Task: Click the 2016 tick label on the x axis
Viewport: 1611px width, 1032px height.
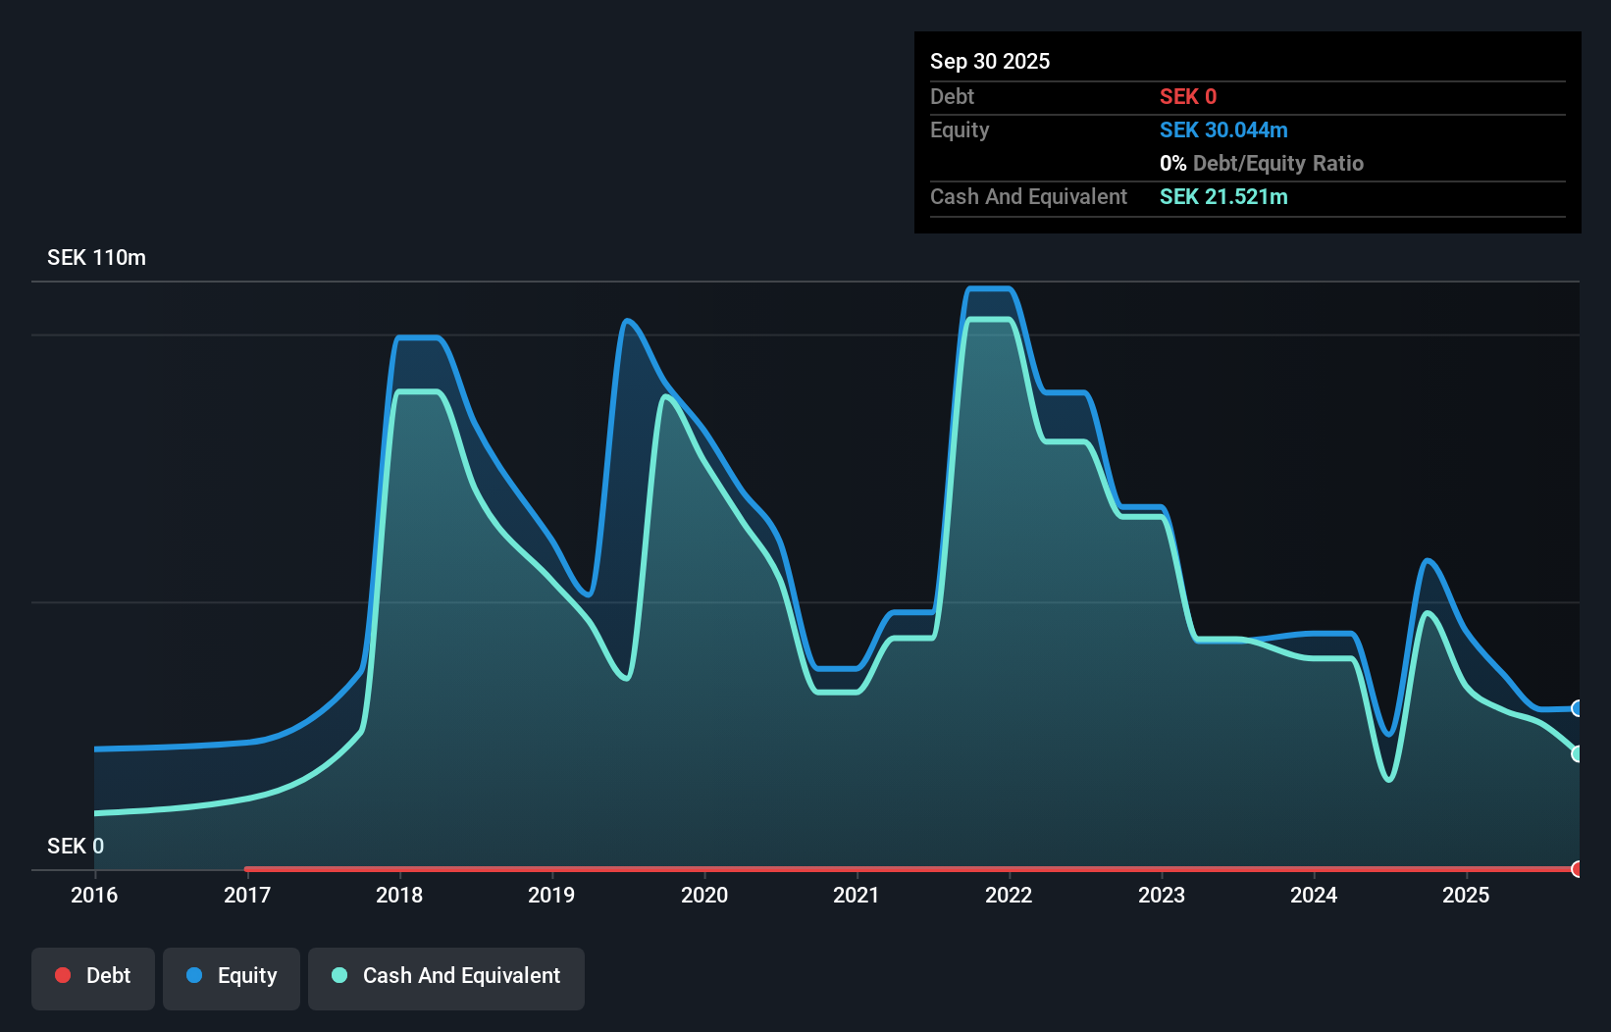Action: click(94, 895)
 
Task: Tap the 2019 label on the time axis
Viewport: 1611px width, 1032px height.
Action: click(551, 895)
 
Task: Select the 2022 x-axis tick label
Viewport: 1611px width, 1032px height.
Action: click(1009, 895)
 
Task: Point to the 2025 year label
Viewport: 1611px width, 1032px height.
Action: click(1466, 895)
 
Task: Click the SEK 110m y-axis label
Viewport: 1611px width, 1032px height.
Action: click(96, 258)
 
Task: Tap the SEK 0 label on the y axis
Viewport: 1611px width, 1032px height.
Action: click(76, 846)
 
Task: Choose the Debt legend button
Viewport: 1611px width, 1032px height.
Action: click(93, 976)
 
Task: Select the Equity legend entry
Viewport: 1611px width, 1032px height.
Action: click(232, 976)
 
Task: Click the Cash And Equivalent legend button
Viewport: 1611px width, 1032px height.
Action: click(446, 976)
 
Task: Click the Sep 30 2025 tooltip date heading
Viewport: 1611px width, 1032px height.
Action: click(990, 61)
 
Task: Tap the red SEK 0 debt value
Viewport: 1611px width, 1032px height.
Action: click(1188, 96)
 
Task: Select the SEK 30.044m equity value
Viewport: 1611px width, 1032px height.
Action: click(1223, 129)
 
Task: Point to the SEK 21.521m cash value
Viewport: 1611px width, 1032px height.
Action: click(1223, 196)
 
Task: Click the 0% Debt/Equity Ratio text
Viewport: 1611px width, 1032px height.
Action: click(1262, 163)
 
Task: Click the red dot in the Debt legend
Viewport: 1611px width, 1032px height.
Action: click(63, 975)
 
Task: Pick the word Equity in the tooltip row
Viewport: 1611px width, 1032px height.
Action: click(960, 129)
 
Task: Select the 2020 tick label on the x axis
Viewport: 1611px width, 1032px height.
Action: click(704, 895)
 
